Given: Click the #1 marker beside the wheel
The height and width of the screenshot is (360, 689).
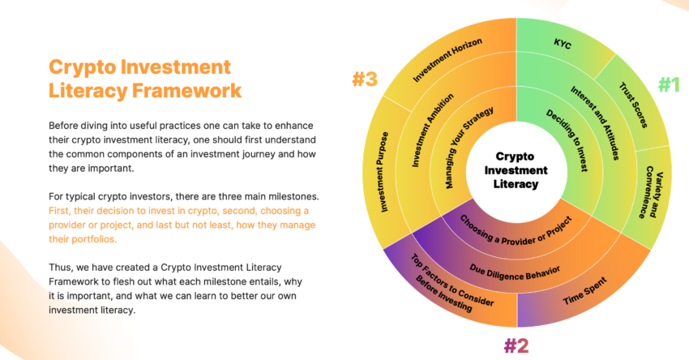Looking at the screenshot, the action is point(669,84).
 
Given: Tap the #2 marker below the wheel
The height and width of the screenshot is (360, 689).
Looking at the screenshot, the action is point(516,346).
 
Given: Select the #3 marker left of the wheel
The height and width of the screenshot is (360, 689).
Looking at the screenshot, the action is point(365,79).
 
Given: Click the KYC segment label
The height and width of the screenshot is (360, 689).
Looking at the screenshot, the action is point(562,44).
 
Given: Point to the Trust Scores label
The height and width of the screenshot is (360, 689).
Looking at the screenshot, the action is point(633,105).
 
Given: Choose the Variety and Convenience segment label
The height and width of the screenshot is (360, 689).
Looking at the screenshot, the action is point(651,192).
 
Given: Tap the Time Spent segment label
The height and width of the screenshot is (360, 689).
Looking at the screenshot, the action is point(585,291).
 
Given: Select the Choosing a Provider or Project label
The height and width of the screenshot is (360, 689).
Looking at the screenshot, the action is point(516,231).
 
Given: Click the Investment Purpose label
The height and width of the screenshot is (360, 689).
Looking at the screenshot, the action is point(383,172).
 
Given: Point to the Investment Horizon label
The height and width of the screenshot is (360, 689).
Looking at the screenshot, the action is point(447,60).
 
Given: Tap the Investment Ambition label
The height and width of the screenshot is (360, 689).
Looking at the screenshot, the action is point(432,130).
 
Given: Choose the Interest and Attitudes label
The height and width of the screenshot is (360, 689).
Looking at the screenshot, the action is point(595,122).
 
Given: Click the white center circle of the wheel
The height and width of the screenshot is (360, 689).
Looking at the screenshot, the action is point(516,170).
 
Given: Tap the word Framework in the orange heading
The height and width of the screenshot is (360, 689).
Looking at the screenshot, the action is point(186,91).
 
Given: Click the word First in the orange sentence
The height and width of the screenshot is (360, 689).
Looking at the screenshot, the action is point(59,211).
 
